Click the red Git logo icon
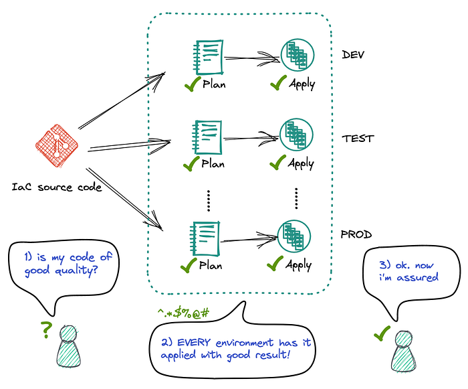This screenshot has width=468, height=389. coord(57,145)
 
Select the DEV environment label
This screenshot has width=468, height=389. coord(353,55)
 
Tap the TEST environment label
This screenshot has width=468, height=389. coord(358,139)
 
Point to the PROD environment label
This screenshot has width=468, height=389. coord(356,234)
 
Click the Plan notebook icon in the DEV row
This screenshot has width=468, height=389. coord(209,57)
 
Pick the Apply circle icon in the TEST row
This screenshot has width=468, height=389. coord(296,135)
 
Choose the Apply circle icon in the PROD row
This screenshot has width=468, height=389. coord(294,236)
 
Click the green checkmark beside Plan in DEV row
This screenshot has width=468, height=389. coord(193,84)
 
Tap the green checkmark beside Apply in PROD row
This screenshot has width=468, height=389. coord(275,263)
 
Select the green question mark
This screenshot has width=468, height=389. coord(46,330)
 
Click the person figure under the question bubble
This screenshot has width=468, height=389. coord(69,346)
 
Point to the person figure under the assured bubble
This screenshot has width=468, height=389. coord(404,351)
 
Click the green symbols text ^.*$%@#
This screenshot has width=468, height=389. coord(184,313)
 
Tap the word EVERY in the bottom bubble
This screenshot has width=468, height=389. coord(194,342)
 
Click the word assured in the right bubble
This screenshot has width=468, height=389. coord(418,277)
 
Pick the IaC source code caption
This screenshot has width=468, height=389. coord(57,187)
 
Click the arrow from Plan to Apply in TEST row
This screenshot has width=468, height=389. coord(251,139)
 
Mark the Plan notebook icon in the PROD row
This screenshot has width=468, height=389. coord(205,238)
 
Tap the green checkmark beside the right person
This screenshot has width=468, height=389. coord(382,333)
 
